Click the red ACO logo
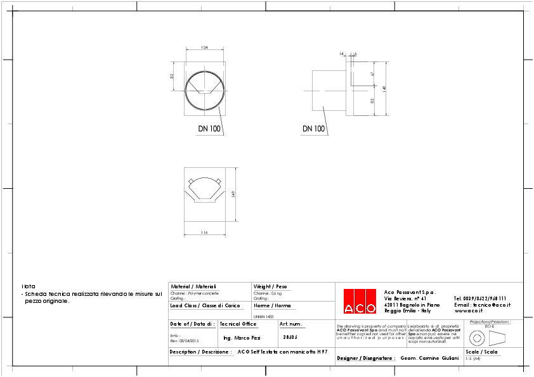[360, 301]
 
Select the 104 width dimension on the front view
[205, 48]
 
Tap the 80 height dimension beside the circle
[172, 76]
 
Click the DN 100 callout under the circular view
[209, 129]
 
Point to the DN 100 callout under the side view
[313, 129]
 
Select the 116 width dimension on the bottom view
[204, 233]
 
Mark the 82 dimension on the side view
[373, 100]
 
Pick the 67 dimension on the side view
[373, 74]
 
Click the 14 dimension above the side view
[341, 54]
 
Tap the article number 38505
[290, 337]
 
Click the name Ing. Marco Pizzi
[242, 338]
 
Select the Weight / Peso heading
[270, 286]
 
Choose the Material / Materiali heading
[193, 286]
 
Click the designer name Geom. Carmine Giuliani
[429, 358]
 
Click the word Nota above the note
[29, 287]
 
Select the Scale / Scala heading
[481, 352]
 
